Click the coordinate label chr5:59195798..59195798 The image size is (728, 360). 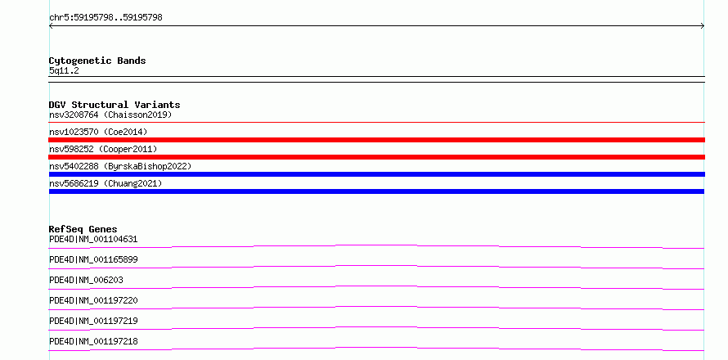(106, 18)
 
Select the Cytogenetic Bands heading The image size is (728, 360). (97, 61)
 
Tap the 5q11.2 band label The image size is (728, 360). (64, 71)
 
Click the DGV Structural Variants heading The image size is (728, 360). (115, 105)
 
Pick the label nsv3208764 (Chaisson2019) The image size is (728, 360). (110, 115)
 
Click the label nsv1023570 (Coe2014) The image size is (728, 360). (98, 132)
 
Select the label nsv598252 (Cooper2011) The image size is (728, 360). (104, 149)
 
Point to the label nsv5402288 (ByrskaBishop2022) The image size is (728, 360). (120, 166)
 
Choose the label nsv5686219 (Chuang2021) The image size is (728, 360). (106, 183)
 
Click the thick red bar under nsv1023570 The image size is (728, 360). (377, 140)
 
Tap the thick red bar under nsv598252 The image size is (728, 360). (377, 157)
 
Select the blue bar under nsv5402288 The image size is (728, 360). (377, 174)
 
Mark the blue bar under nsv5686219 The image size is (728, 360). (376, 191)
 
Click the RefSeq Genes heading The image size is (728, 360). (83, 229)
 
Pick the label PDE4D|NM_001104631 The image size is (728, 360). (93, 239)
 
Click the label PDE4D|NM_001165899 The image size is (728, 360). (93, 259)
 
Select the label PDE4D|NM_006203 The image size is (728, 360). (87, 280)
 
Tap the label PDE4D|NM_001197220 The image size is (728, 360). (93, 300)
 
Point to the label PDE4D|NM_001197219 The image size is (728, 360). (93, 321)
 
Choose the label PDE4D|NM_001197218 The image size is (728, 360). (93, 341)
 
